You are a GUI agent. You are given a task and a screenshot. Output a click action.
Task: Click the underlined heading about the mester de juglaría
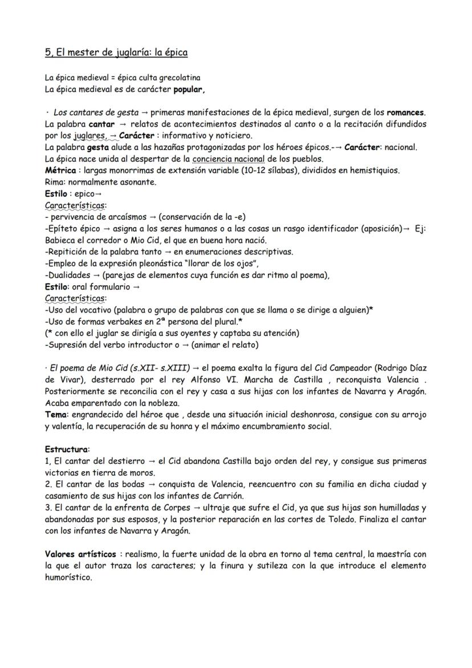tap(116, 53)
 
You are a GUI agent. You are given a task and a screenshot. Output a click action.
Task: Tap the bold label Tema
tap(55, 414)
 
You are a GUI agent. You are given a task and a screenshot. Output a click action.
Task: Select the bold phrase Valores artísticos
tap(80, 554)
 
